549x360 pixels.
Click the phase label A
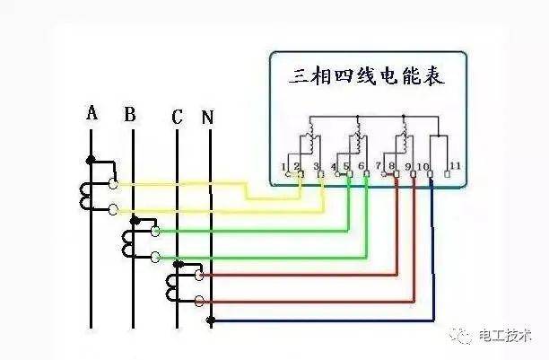pyautogui.click(x=91, y=113)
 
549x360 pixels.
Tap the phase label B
pyautogui.click(x=130, y=114)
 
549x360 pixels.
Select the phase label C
pyautogui.click(x=177, y=117)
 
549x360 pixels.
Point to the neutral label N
pyautogui.click(x=207, y=117)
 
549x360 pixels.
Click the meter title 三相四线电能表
pyautogui.click(x=367, y=76)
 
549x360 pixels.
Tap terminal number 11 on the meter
pyautogui.click(x=455, y=165)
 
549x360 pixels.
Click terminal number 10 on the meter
pyautogui.click(x=423, y=166)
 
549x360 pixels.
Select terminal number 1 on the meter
pyautogui.click(x=283, y=166)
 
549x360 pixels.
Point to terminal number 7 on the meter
pyautogui.click(x=379, y=165)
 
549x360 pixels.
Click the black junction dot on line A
pyautogui.click(x=91, y=160)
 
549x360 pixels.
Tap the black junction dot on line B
pyautogui.click(x=135, y=221)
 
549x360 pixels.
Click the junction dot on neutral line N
pyautogui.click(x=211, y=320)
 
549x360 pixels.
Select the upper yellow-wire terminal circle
pyautogui.click(x=113, y=183)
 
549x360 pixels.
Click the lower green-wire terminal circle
pyautogui.click(x=155, y=258)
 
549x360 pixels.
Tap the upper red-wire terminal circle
pyautogui.click(x=199, y=276)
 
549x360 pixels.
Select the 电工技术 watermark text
pyautogui.click(x=505, y=336)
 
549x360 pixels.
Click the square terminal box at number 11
pyautogui.click(x=447, y=174)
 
